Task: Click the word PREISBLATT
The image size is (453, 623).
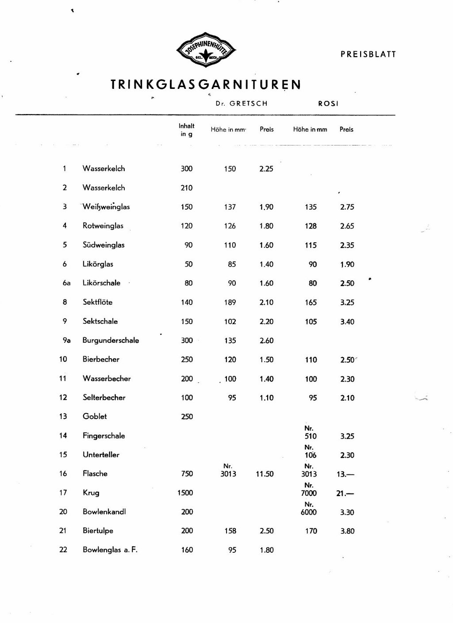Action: tap(368, 54)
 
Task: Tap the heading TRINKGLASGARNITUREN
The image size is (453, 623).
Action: tap(206, 84)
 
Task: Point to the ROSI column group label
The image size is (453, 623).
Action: tap(328, 103)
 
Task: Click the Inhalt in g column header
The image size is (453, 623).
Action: tap(187, 130)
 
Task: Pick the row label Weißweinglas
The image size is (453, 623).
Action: tap(106, 206)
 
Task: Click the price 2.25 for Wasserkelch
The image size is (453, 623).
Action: tap(266, 168)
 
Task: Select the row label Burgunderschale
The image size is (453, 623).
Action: tap(111, 340)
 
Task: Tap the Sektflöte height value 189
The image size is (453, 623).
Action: tap(230, 302)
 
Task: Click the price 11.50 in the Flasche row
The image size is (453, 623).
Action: tap(265, 474)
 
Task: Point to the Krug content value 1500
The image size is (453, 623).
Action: tap(185, 493)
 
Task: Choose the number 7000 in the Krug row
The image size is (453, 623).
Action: tap(309, 493)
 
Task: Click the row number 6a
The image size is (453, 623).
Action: tap(66, 283)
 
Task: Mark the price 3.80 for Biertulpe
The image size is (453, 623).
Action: tap(347, 531)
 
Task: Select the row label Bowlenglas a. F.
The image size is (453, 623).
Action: tap(110, 550)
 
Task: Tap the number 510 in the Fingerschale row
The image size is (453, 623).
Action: tap(311, 436)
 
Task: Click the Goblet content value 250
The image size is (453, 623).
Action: tap(187, 416)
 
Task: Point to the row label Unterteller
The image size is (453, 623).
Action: tap(101, 455)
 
